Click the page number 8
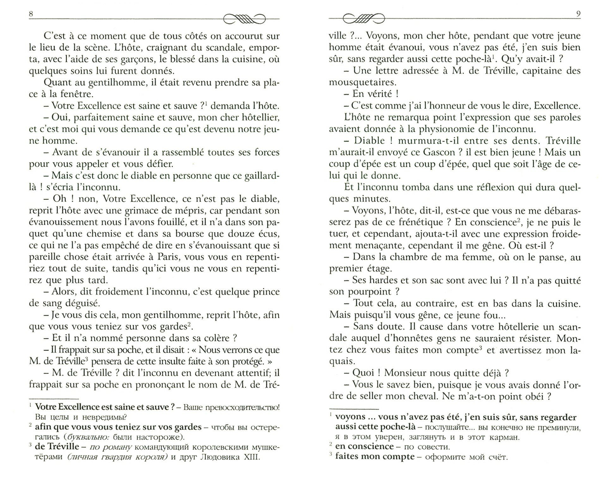31,14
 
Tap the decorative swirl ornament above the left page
244,19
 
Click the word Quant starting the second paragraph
57,82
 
